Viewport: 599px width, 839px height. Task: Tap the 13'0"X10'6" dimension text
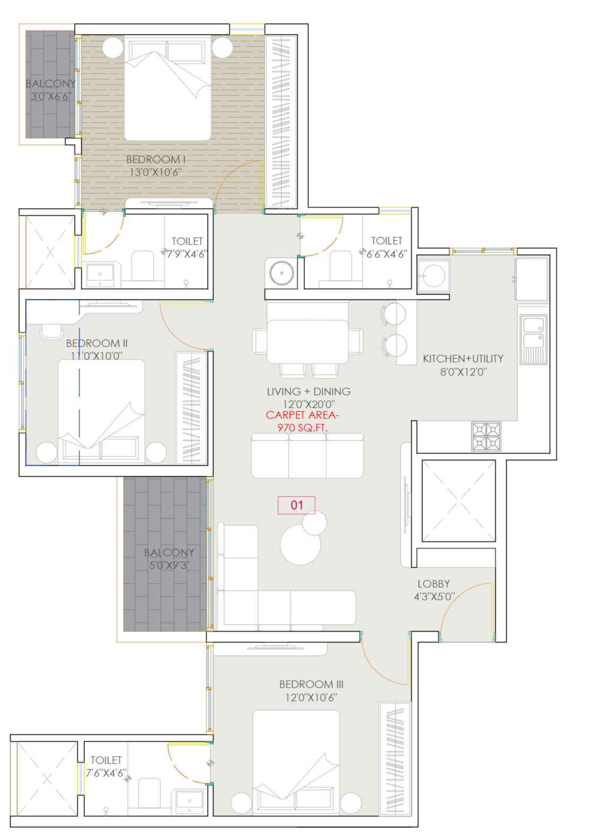(155, 172)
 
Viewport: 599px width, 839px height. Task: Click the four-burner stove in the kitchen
(486, 436)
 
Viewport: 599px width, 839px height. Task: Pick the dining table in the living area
(308, 342)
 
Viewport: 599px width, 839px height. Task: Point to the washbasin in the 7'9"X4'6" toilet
(100, 275)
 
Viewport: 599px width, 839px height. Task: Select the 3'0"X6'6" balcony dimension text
(51, 96)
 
